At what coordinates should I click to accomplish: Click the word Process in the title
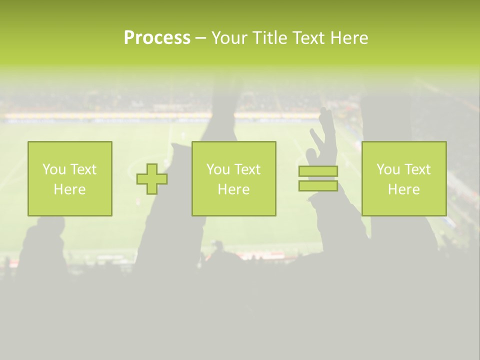click(x=157, y=38)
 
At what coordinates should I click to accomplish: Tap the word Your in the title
click(x=228, y=38)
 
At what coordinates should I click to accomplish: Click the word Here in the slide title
click(x=348, y=38)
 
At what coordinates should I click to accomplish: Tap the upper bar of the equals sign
click(x=318, y=171)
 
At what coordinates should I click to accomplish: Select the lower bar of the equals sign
click(x=318, y=185)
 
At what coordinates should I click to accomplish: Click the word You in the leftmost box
click(x=54, y=169)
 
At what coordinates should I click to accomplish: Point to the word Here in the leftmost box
click(x=69, y=189)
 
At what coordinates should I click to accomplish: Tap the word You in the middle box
click(x=218, y=169)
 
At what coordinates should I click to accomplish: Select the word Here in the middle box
click(x=233, y=189)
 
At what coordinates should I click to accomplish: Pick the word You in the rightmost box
click(x=388, y=169)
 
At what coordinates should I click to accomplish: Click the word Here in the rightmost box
click(x=403, y=189)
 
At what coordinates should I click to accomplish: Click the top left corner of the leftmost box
click(x=28, y=142)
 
